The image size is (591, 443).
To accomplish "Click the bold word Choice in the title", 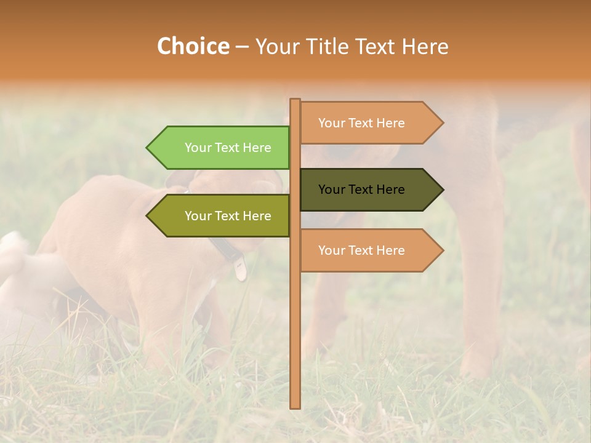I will click(x=193, y=47).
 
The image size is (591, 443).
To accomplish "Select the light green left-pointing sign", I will click(x=222, y=148).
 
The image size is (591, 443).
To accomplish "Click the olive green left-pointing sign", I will click(x=222, y=216).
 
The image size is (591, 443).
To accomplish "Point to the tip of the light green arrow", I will click(x=147, y=148).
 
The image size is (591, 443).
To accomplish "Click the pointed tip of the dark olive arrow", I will click(x=443, y=190).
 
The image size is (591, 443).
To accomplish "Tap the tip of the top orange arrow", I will click(x=443, y=123).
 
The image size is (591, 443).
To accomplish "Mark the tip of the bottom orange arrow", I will click(x=443, y=250).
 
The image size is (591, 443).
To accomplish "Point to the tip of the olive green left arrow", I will click(x=147, y=216).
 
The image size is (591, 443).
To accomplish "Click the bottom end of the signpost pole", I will click(x=295, y=406).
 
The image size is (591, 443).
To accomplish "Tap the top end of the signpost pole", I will click(x=295, y=100).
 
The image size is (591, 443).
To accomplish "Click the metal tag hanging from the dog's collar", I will click(x=240, y=269).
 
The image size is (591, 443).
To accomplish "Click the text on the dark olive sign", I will click(x=361, y=190).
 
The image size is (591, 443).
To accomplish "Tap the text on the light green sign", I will click(x=228, y=148).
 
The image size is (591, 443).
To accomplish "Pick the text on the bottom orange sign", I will click(x=361, y=250).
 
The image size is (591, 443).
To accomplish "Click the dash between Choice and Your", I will click(x=242, y=47).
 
